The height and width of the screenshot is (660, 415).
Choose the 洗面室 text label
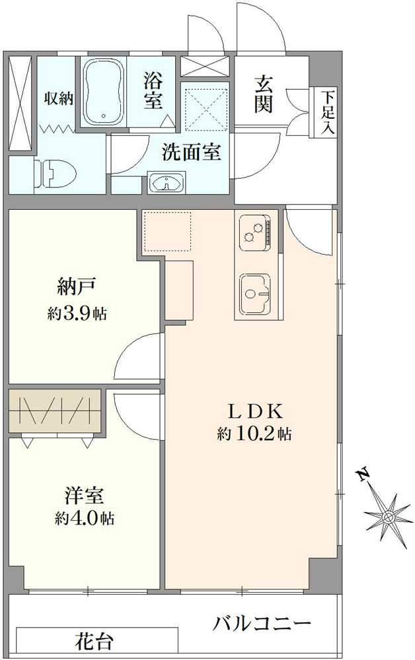(x=191, y=153)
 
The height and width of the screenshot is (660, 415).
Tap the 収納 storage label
(x=59, y=98)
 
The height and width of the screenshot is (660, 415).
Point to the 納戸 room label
(x=77, y=288)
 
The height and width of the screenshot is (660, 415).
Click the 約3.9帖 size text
(x=77, y=313)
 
